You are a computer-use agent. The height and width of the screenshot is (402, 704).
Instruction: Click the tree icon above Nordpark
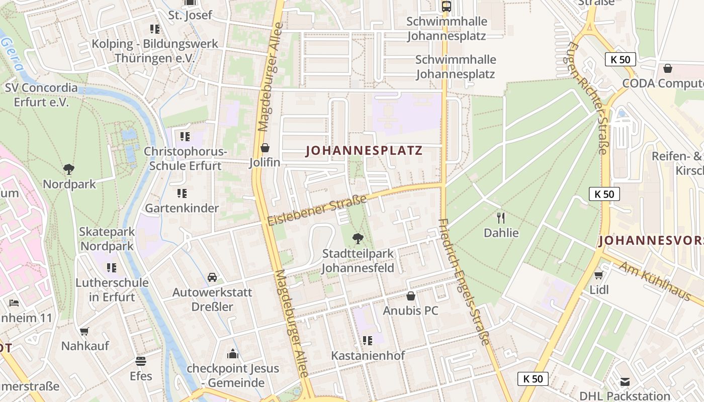(x=69, y=169)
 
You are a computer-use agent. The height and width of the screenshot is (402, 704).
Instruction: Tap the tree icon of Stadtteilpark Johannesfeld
(x=358, y=238)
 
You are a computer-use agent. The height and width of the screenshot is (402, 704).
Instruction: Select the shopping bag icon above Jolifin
(x=265, y=148)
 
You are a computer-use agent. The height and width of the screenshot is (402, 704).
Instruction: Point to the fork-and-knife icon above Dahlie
(x=500, y=218)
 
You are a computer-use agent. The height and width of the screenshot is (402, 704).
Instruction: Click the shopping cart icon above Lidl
(x=598, y=275)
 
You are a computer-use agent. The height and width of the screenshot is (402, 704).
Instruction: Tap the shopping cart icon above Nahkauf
(x=84, y=331)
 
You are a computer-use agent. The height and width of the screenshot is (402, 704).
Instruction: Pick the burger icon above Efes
(x=141, y=361)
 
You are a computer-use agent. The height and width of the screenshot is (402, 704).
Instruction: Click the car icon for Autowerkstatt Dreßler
(x=212, y=277)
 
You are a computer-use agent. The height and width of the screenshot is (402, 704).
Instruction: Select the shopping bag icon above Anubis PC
(x=411, y=296)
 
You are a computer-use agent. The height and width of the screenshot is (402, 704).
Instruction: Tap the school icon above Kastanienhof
(x=368, y=341)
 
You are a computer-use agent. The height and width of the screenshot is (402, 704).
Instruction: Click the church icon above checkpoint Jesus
(x=232, y=354)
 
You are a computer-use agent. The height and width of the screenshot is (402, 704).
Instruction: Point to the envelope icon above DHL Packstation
(x=625, y=381)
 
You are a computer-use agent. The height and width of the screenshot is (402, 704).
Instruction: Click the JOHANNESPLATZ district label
(x=364, y=150)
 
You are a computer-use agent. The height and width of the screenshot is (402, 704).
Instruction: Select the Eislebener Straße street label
(x=317, y=210)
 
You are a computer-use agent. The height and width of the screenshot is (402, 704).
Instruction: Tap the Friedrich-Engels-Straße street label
(x=464, y=281)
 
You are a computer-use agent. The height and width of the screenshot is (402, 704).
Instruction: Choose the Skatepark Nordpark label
(x=107, y=239)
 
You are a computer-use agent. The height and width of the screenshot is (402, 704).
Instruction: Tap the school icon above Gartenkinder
(x=182, y=193)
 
